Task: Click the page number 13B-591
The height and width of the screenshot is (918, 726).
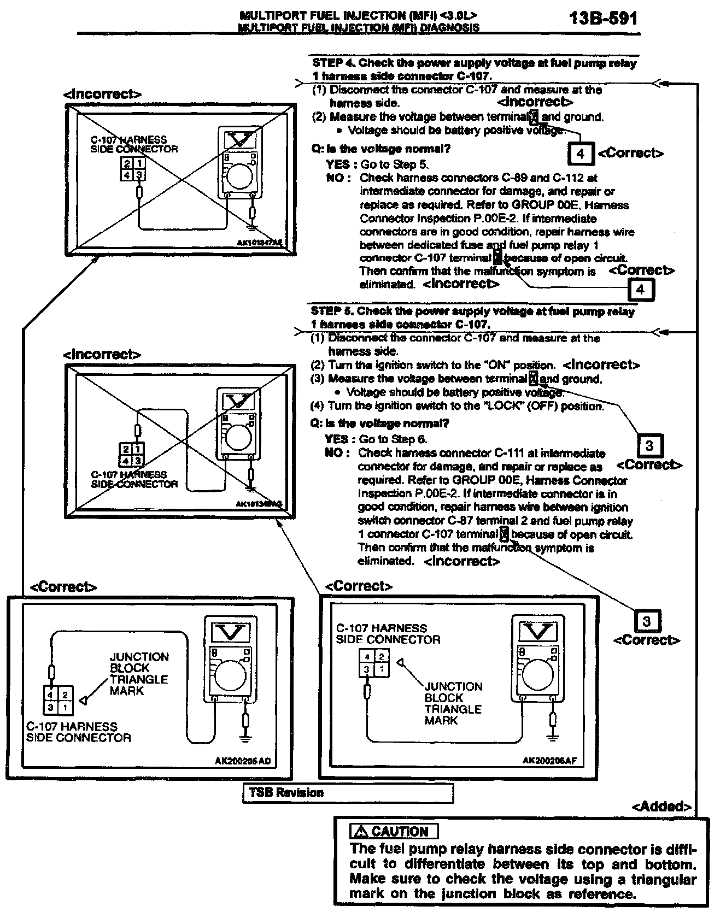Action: click(x=603, y=19)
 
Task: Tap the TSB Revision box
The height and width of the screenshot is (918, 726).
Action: click(x=348, y=793)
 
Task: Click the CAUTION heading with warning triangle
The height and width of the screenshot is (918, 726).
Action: click(x=394, y=832)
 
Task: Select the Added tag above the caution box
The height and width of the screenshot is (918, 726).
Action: click(x=661, y=807)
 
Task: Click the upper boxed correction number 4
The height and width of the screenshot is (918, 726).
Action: click(x=581, y=154)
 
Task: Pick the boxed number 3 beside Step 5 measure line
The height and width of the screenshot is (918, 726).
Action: click(x=649, y=446)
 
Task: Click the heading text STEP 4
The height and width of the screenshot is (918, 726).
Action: click(x=333, y=63)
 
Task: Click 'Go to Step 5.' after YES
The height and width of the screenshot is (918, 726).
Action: click(x=394, y=164)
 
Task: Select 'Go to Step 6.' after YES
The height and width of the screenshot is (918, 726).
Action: click(x=393, y=439)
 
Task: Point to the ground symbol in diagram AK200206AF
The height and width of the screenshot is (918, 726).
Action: click(x=554, y=737)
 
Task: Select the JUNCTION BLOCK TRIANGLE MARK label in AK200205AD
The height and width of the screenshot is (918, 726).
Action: click(x=139, y=674)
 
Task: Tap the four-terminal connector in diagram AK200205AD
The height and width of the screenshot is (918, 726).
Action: click(x=57, y=701)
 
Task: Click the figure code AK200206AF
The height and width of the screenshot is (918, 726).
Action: click(x=549, y=760)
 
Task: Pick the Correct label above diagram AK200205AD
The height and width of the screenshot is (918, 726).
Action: click(x=63, y=587)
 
